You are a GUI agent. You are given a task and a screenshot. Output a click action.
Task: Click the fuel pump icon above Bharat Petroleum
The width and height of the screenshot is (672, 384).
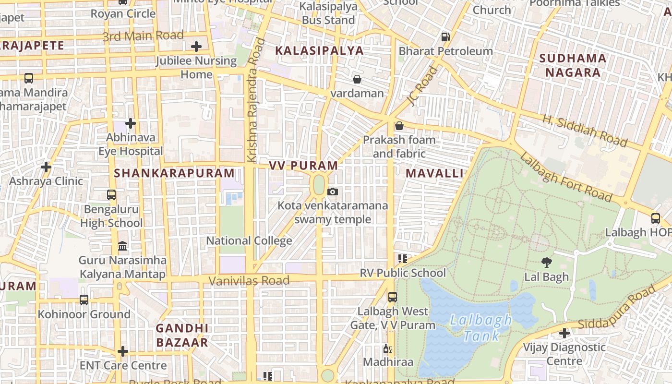[445, 36]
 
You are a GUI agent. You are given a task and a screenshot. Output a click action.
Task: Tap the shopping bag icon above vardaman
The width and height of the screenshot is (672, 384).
[357, 79]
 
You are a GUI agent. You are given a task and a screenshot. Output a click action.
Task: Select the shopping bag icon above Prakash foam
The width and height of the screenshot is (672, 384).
[399, 126]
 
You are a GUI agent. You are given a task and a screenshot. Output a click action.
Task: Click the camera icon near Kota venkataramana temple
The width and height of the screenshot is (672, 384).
[332, 192]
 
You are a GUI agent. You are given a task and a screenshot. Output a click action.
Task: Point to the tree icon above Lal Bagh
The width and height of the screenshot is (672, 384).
[546, 262]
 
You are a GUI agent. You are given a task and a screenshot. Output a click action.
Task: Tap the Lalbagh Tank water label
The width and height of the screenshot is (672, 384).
[480, 327]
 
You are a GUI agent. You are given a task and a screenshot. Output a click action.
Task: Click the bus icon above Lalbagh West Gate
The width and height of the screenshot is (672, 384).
[393, 297]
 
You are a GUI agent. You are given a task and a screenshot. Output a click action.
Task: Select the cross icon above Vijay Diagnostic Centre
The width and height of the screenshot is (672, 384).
[564, 333]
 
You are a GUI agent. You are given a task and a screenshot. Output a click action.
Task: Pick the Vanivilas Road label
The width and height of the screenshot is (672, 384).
[249, 280]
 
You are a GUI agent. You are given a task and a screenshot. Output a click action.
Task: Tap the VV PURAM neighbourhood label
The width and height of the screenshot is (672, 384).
[303, 166]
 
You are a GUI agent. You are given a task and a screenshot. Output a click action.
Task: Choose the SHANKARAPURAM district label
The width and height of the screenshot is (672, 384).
[174, 173]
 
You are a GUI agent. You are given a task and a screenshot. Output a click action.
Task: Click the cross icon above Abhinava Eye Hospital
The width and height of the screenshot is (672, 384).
[131, 123]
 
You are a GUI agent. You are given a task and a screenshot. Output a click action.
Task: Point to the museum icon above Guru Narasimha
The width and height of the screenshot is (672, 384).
[123, 246]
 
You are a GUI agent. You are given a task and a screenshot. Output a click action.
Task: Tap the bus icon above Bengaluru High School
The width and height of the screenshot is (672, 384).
[111, 195]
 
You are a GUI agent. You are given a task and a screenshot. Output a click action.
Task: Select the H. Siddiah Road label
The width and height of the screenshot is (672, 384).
[585, 131]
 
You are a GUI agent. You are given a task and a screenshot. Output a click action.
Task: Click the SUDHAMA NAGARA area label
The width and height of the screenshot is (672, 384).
[573, 65]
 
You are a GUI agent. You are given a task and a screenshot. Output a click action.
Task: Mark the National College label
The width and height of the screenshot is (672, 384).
[249, 240]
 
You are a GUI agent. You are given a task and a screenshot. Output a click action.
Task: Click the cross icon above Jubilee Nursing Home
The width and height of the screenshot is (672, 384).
[196, 47]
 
